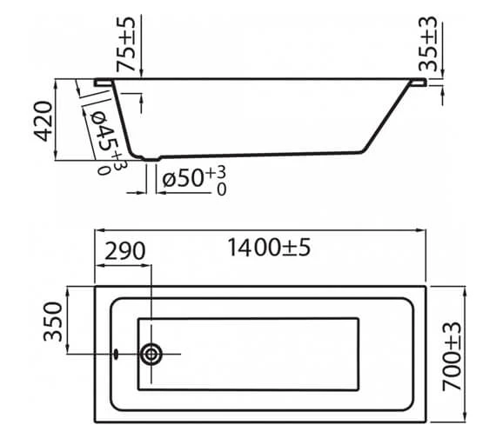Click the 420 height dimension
coord(41,121)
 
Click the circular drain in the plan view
coord(152,354)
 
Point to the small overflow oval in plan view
coord(115,354)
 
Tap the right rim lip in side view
coord(419,83)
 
